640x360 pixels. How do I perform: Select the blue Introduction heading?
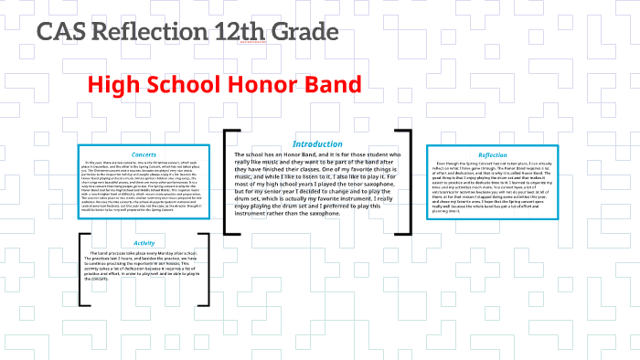tap(316, 144)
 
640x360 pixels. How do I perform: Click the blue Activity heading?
tap(144, 243)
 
